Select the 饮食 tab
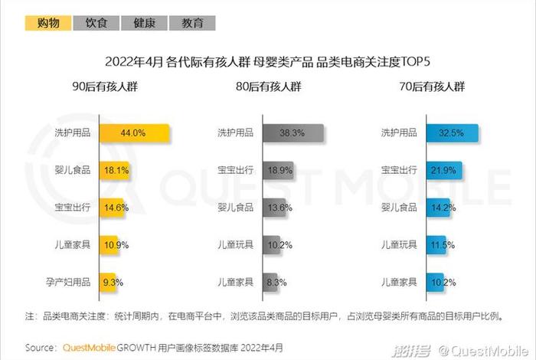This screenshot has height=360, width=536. click(x=96, y=23)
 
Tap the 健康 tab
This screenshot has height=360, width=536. click(x=145, y=23)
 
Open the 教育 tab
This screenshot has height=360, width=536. click(x=192, y=23)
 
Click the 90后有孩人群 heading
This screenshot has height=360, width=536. click(x=104, y=87)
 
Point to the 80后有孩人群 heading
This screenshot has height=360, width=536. click(x=268, y=87)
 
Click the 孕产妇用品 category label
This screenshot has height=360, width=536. click(x=68, y=281)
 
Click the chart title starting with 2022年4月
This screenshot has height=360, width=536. click(x=268, y=61)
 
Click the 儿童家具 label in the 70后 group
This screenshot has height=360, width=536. click(x=400, y=281)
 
